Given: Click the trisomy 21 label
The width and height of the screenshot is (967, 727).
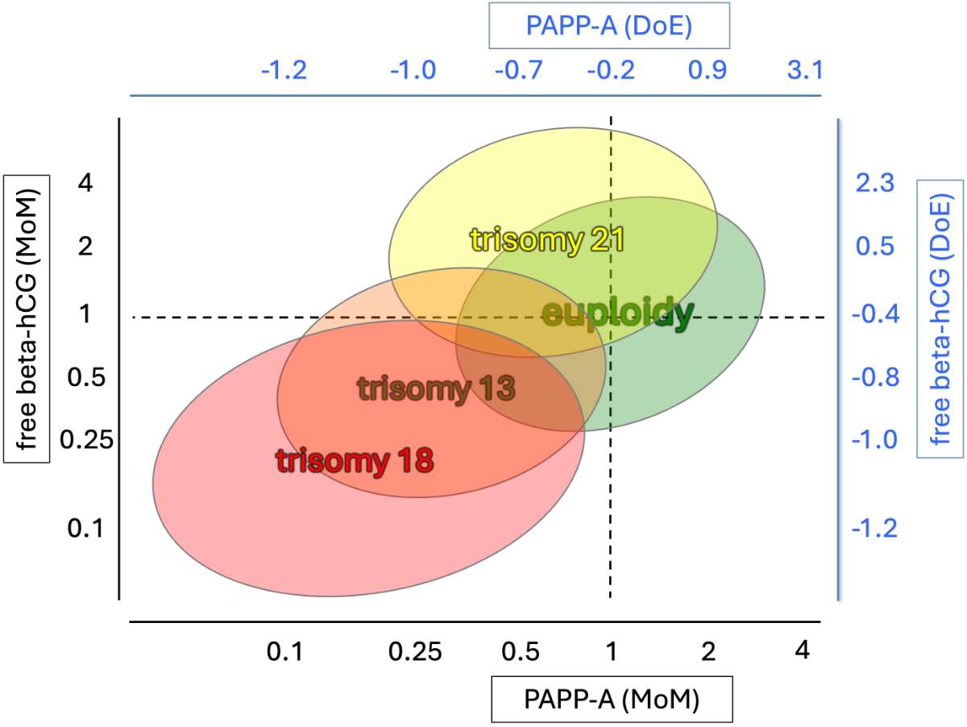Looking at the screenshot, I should (x=548, y=239).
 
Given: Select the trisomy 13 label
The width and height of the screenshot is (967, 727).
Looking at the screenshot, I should (x=436, y=388).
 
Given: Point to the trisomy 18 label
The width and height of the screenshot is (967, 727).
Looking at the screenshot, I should (x=355, y=460).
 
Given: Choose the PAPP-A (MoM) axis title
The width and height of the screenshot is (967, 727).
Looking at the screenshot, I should (x=612, y=698).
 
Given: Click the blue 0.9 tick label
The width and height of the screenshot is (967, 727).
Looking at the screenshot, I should (x=707, y=71).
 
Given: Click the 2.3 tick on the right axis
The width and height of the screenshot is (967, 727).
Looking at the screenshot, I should (x=875, y=185).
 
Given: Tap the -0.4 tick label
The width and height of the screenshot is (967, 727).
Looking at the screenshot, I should (x=875, y=314).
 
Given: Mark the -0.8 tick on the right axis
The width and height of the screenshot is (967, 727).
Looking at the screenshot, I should (x=875, y=377).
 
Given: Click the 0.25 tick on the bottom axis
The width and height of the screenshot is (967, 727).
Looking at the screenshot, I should (x=417, y=651).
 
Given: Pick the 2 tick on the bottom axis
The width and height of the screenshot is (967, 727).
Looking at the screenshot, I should (x=707, y=651).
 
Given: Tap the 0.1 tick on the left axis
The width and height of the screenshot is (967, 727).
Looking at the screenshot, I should (x=85, y=529).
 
